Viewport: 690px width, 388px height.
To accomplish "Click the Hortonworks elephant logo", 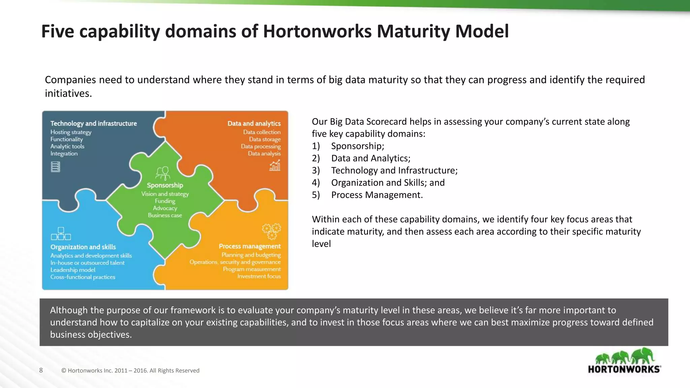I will click(x=624, y=361).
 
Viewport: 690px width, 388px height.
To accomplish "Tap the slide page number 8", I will click(x=41, y=370).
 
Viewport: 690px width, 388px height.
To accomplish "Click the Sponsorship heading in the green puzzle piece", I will click(x=165, y=185).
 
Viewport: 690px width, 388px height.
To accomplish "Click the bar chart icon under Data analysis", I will click(x=275, y=165).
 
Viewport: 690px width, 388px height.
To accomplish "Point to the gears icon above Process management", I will click(x=271, y=231).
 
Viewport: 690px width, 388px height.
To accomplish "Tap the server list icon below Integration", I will click(x=56, y=167).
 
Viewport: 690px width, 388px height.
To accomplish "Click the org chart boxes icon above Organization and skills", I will click(x=61, y=234).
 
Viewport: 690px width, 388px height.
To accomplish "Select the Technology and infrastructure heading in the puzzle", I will click(x=94, y=124).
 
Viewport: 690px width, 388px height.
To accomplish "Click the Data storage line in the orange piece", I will click(x=264, y=139).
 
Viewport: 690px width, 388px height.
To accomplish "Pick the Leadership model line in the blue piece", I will click(x=73, y=270).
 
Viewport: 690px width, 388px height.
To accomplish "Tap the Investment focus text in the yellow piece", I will click(x=259, y=277).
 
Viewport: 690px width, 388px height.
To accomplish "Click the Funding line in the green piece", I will click(x=165, y=201).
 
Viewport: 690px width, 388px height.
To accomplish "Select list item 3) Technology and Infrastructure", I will click(x=394, y=170).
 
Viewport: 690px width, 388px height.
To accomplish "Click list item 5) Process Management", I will click(x=376, y=195).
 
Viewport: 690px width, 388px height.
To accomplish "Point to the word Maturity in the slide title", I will click(x=413, y=31).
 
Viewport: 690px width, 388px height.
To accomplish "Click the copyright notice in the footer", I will click(x=130, y=370).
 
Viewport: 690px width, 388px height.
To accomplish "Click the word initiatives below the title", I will click(x=68, y=93).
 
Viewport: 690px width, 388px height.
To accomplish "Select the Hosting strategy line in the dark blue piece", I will click(x=71, y=132).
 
